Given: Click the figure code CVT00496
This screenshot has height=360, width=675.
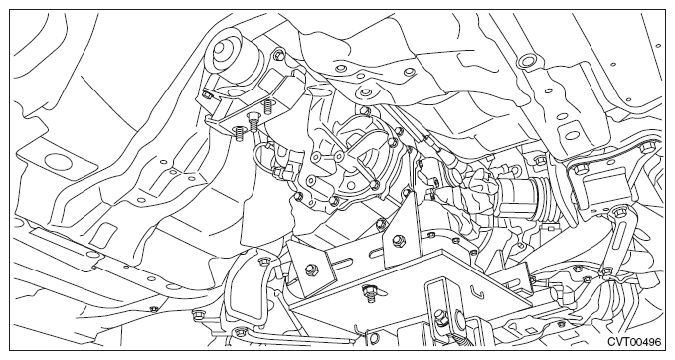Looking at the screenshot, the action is pyautogui.click(x=634, y=342).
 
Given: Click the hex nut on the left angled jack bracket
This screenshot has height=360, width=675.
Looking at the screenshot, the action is pyautogui.click(x=310, y=270).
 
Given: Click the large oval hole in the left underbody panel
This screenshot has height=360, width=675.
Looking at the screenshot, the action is pyautogui.click(x=57, y=161).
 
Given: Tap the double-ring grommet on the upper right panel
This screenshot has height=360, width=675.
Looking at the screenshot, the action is pyautogui.click(x=526, y=61).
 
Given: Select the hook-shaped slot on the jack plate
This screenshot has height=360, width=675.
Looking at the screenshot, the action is pyautogui.click(x=476, y=292).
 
